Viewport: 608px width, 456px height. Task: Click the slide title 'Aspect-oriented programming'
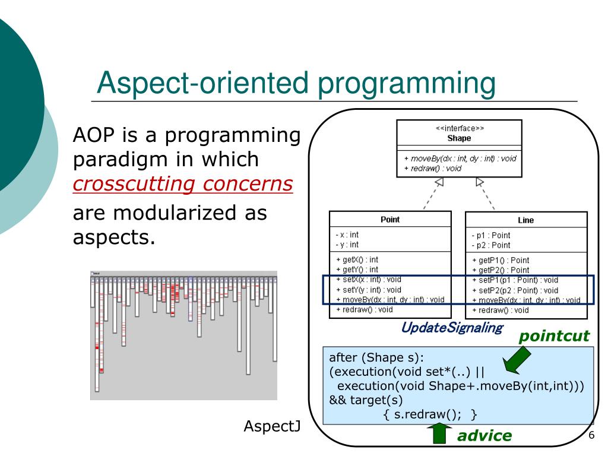coord(296,84)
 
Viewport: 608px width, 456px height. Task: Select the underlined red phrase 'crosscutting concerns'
coord(183,185)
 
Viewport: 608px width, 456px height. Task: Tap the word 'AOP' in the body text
coord(92,136)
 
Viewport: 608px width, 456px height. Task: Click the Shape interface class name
coord(459,138)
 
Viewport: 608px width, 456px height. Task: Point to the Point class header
coord(389,220)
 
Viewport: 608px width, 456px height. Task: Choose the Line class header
coord(525,220)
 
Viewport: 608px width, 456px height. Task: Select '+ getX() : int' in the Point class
coord(357,259)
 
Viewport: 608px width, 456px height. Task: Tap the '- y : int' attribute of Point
coord(347,244)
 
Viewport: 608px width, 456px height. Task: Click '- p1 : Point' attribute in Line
coord(491,235)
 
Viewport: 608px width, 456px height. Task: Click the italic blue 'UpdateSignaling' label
coord(452,327)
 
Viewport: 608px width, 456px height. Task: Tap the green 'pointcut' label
coord(555,337)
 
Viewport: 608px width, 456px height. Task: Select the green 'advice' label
coord(484,435)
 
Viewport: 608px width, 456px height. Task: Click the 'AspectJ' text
coord(274,427)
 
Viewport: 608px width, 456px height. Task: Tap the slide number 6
coord(591,435)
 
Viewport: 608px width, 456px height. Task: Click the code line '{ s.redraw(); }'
coord(431,413)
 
